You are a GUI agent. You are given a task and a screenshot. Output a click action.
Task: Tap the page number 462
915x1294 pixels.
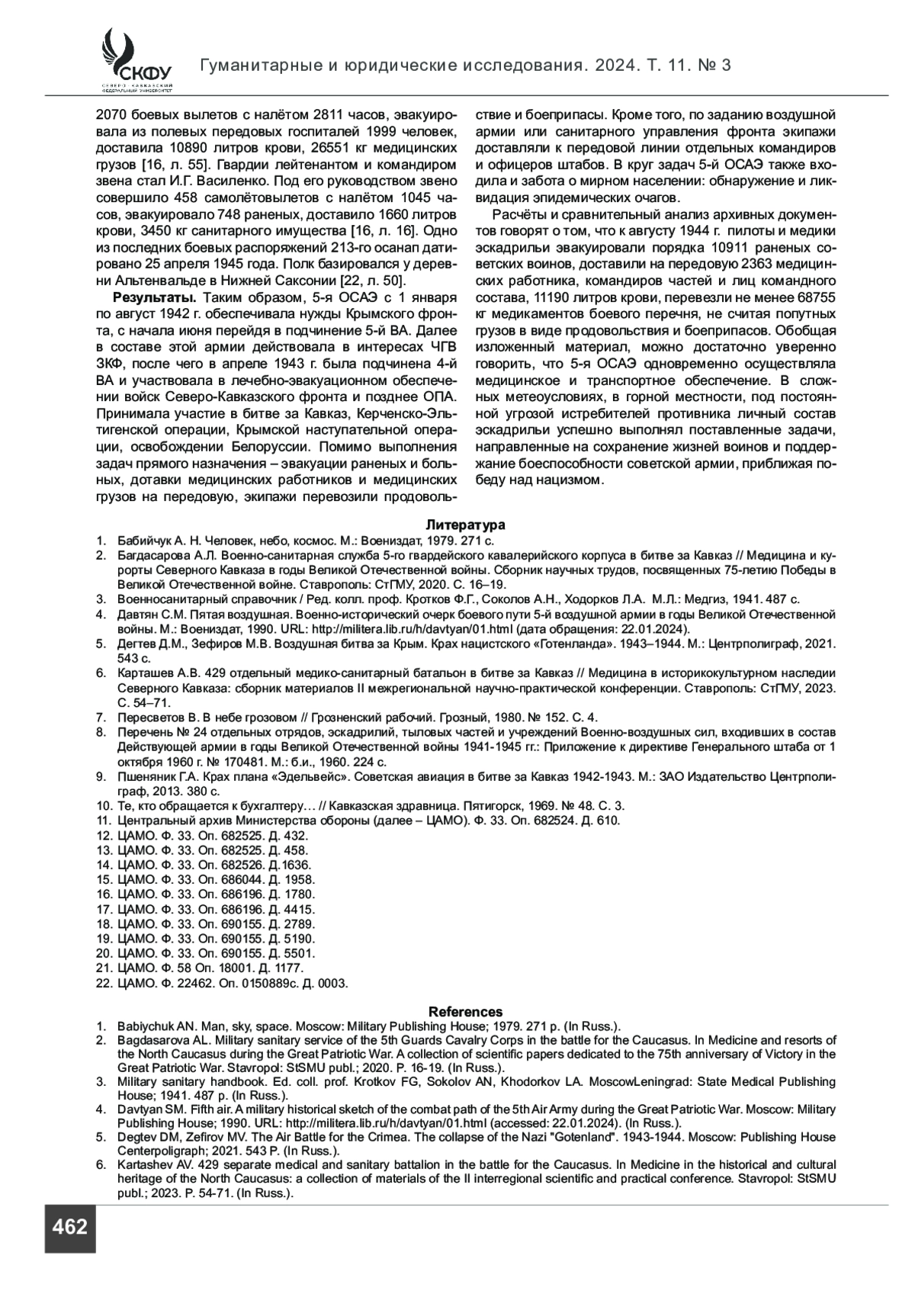coord(69,1227)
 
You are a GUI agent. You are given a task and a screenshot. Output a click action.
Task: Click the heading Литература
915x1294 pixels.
coord(465,525)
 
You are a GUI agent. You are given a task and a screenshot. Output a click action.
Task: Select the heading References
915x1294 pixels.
coord(465,1012)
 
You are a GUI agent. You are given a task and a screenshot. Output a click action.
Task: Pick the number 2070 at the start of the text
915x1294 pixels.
coord(110,116)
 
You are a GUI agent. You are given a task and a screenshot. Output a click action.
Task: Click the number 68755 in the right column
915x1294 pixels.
coord(814,297)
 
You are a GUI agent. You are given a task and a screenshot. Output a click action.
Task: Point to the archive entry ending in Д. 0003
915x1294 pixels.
coord(233,983)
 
